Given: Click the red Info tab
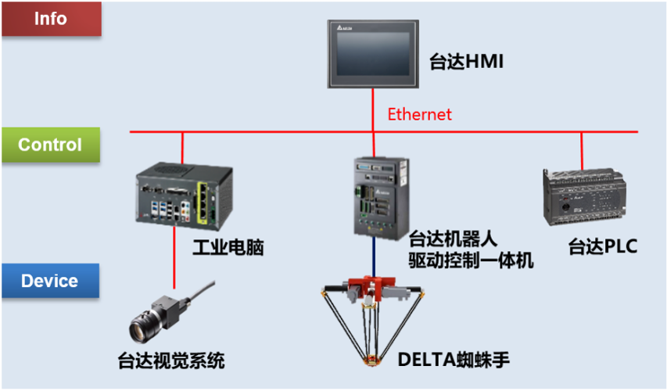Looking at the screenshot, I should tap(51, 18).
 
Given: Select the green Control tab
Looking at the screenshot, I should tap(51, 145).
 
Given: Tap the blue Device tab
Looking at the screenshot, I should tap(50, 281).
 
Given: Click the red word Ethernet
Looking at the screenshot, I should tap(420, 114).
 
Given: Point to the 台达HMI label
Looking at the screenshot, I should tap(466, 61).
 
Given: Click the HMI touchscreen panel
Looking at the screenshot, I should tap(373, 55).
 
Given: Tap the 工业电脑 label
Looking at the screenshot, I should tap(228, 249).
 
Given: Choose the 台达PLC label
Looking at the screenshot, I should tap(603, 248).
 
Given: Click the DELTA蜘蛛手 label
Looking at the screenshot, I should tap(454, 361).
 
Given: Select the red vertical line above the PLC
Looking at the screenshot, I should tap(582, 149).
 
